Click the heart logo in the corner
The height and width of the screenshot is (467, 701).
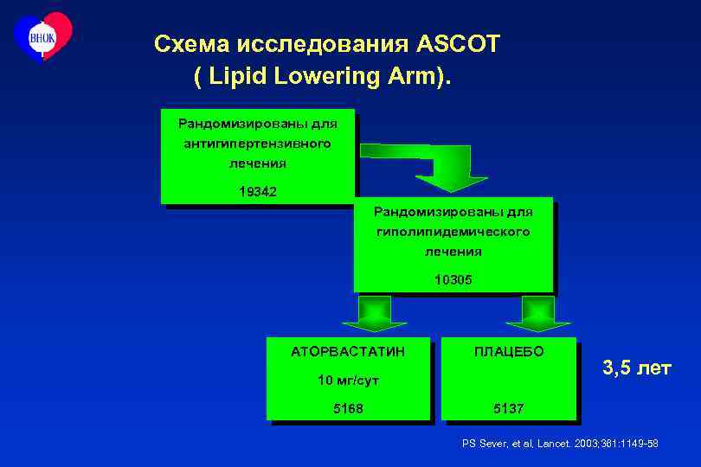coord(42,36)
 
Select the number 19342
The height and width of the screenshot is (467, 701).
coord(258,191)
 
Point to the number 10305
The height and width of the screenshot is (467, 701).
coord(453,279)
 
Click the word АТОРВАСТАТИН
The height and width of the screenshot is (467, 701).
coord(348,352)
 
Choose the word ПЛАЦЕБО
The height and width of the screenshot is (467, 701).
coord(508,352)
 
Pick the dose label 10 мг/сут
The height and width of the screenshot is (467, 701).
coord(348,380)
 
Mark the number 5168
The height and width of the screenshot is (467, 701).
coord(348,407)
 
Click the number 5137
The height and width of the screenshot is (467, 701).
coord(508,407)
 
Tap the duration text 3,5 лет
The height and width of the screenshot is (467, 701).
coord(636,368)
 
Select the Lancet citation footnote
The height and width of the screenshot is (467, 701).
coord(560,444)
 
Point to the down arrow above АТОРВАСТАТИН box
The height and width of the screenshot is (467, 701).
coord(374,314)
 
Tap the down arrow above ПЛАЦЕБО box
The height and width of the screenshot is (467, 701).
coord(537,314)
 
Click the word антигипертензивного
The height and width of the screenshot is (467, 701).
coord(257,144)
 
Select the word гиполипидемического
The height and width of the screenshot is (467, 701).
coord(453,232)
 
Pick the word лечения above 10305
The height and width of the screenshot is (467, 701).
coord(453,252)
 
